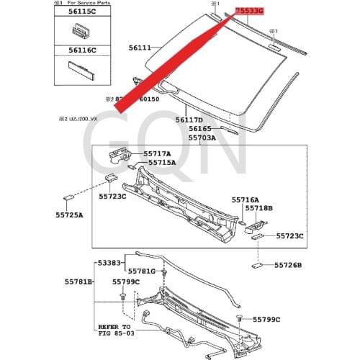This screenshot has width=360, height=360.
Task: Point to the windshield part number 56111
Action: (140, 48)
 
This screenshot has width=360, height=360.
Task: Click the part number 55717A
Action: (157, 153)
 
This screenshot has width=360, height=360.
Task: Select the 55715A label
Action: (163, 163)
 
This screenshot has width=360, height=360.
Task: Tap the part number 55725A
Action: (69, 215)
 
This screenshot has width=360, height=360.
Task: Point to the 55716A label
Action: (246, 199)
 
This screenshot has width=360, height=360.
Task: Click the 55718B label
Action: (258, 208)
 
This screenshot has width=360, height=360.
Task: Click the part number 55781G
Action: (142, 271)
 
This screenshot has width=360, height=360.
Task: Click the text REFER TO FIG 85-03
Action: (117, 328)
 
